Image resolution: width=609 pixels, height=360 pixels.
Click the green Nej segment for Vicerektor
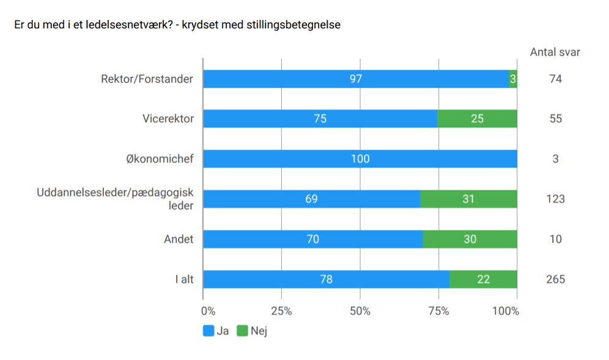(477, 119)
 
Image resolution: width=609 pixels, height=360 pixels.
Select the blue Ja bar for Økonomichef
(360, 159)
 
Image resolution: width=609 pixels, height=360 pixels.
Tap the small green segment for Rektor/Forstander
(513, 79)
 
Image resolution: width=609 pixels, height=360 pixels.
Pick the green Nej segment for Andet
(470, 239)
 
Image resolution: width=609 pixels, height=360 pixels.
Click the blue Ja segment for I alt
(326, 279)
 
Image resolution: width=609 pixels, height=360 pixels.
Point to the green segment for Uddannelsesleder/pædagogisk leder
(468, 199)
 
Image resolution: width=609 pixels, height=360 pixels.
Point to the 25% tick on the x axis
(281, 310)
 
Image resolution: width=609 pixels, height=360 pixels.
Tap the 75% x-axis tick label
(438, 310)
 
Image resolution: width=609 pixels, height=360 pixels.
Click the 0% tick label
(208, 310)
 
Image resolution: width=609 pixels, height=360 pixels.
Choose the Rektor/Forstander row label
(147, 79)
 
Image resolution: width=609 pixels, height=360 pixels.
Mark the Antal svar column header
(555, 52)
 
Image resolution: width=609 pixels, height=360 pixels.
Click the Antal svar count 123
(555, 199)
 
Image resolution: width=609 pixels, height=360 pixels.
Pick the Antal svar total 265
(555, 279)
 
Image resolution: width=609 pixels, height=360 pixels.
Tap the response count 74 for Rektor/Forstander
(555, 79)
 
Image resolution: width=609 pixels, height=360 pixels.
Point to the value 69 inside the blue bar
(311, 199)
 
